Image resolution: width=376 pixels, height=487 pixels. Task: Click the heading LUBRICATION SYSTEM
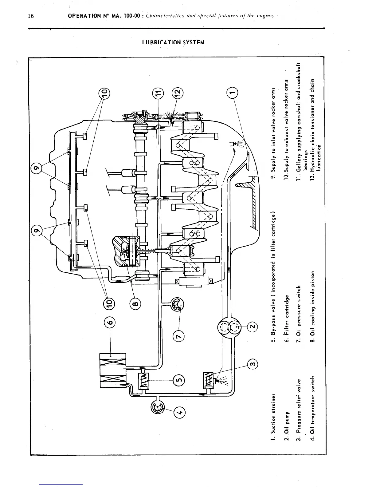point(173,42)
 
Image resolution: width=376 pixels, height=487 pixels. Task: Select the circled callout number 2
point(252,326)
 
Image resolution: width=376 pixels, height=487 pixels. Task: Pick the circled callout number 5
point(179,381)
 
